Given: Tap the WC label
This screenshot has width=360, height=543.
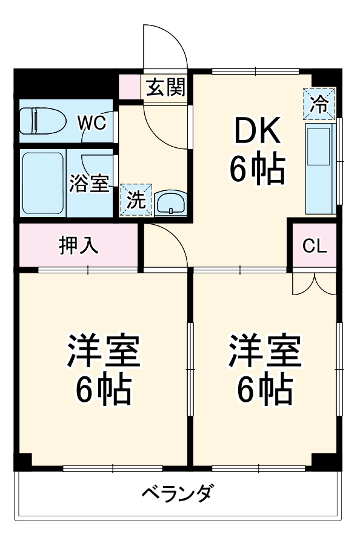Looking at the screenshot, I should coord(92,122).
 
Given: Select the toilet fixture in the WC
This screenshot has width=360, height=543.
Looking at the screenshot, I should coord(42,121).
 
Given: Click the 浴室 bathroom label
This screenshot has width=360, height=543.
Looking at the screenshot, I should coord(89,183).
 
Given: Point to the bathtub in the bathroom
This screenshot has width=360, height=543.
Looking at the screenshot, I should coord(43,183).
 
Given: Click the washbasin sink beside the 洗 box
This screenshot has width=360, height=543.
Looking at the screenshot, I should coord(171,203).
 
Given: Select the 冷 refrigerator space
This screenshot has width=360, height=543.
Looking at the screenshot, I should coord(319,104).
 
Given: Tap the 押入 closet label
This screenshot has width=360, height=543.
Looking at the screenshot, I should coord(78,245).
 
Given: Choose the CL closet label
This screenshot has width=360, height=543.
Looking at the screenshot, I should coord(315,245).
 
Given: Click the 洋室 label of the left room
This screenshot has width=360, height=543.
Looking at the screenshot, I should coord(103,353).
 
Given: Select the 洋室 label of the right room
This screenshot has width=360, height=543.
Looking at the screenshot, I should coord(264,353).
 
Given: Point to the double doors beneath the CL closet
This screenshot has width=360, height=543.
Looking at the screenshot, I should coord(314,283).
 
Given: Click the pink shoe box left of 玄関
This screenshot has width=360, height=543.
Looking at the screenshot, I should coord(129,87).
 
